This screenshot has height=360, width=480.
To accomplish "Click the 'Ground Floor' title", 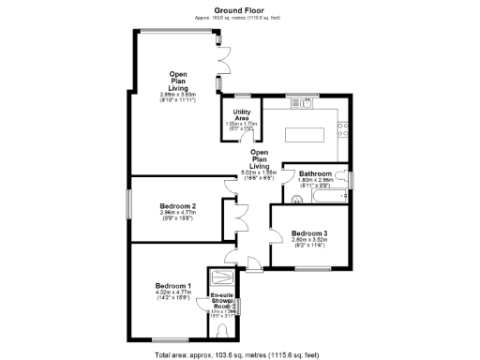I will (x=239, y=9).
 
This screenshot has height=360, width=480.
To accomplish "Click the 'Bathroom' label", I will (x=315, y=174).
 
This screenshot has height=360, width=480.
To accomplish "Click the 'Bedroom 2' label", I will (x=177, y=206).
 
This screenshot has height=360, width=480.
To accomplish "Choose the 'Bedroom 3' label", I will (x=308, y=233).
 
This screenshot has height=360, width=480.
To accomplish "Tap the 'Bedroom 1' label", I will (x=173, y=286).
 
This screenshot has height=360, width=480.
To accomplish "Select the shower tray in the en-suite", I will (x=222, y=278).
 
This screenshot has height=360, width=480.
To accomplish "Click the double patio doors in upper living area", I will (x=221, y=62).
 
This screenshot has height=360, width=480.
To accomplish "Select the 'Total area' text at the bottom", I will (x=239, y=354).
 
